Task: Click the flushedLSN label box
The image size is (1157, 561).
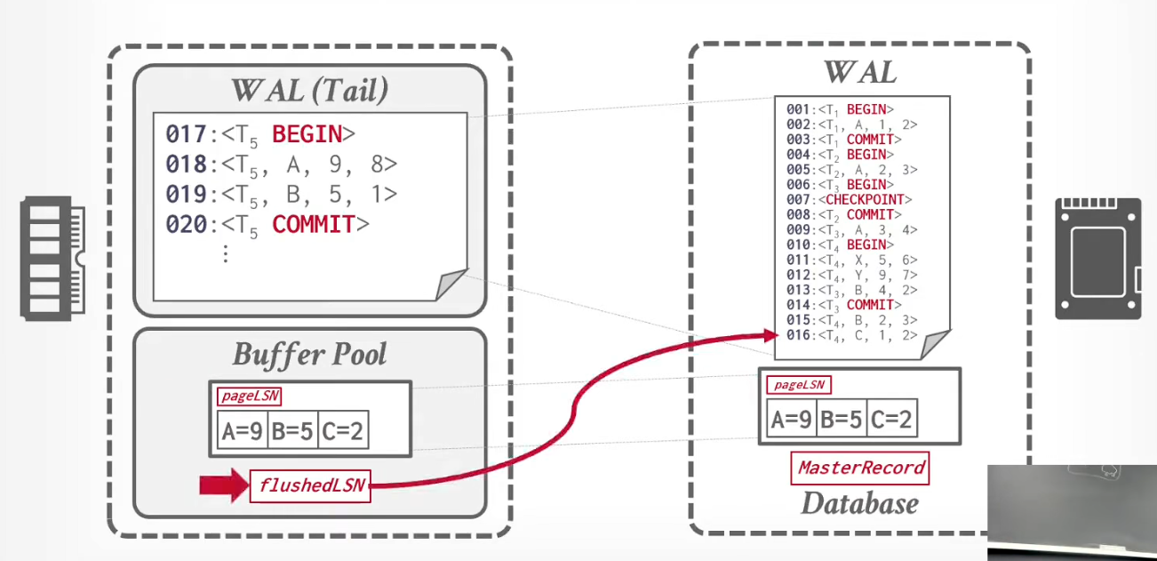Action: point(310,485)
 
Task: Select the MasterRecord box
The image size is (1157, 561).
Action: point(860,468)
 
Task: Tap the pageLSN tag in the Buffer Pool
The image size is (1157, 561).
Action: point(250,397)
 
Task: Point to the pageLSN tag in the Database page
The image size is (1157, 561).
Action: point(799,385)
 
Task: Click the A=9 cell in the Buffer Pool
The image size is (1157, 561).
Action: point(243,429)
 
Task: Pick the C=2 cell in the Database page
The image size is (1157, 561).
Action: point(892,418)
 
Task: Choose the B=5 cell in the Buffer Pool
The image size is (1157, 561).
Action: point(293,429)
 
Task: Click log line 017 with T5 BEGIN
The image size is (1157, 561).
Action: point(260,134)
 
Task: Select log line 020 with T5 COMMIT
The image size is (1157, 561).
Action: point(267,225)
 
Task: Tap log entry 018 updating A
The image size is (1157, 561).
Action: point(282,164)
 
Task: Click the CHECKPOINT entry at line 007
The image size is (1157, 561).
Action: point(850,199)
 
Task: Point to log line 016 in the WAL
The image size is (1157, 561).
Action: point(851,335)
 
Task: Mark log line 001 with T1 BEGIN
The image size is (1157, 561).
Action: point(840,109)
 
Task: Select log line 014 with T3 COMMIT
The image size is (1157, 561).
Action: point(844,305)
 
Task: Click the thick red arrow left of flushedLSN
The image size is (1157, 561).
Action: point(224,485)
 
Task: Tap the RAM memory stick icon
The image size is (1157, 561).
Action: point(52,259)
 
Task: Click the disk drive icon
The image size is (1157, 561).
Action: point(1098,259)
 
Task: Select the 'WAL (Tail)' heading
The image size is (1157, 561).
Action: point(309,91)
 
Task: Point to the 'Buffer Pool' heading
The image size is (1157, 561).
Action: point(309,355)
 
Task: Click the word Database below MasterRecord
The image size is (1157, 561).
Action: point(860,503)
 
